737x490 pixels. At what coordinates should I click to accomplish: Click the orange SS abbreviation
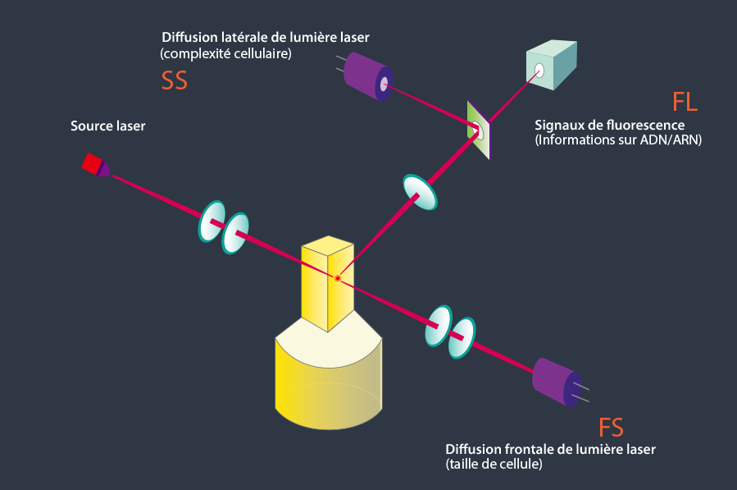[175, 80]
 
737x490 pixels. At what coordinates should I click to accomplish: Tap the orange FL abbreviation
[685, 102]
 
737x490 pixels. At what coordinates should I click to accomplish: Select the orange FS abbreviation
[611, 428]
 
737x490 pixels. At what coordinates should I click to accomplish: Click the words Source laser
[107, 126]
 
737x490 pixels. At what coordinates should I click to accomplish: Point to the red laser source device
[96, 165]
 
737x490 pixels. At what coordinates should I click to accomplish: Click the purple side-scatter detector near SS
[368, 76]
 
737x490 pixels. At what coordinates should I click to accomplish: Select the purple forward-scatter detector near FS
[557, 382]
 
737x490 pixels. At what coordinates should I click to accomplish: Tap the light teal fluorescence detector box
[552, 65]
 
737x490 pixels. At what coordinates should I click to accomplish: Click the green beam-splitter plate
[479, 130]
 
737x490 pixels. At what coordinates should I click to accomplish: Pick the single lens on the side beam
[421, 192]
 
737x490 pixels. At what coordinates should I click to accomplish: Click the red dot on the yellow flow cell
[338, 278]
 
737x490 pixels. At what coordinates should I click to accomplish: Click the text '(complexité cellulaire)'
[225, 53]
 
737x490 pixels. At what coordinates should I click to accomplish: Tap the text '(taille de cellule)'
[494, 464]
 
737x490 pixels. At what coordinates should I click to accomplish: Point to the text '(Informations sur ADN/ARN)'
[618, 140]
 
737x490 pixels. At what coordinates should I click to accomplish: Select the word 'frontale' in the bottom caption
[530, 450]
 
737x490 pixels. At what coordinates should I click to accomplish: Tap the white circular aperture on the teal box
[539, 71]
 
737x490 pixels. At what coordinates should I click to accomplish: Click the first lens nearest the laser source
[212, 222]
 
